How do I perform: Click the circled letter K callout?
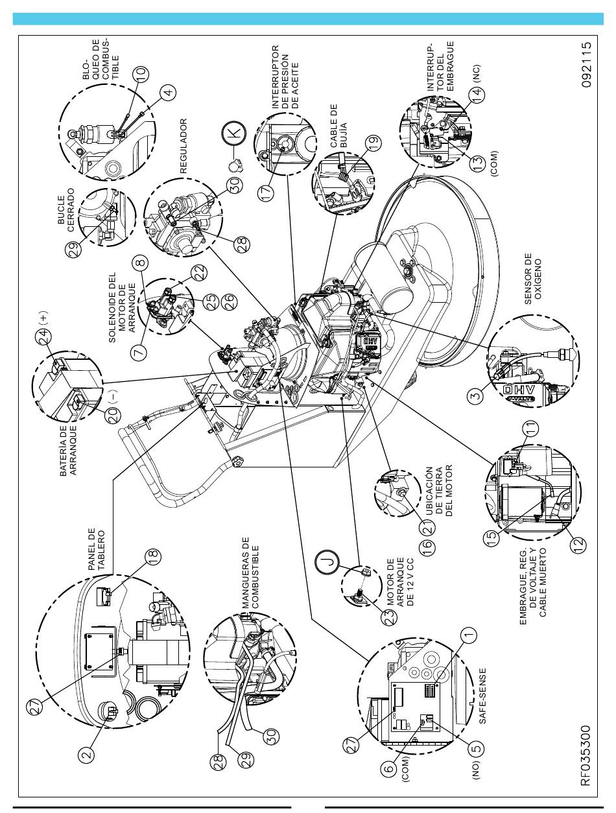234,132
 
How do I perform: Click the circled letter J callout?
326,561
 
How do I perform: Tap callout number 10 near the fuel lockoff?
141,74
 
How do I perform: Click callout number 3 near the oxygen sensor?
476,395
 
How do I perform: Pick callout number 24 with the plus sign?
43,336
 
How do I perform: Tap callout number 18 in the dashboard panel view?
153,556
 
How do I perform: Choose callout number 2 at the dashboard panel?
86,755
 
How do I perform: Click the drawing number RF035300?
586,755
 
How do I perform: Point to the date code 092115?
586,65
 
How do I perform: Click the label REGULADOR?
184,146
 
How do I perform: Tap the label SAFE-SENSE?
482,696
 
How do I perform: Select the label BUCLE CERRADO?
66,210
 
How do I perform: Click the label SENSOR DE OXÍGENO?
533,279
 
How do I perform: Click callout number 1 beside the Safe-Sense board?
469,635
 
